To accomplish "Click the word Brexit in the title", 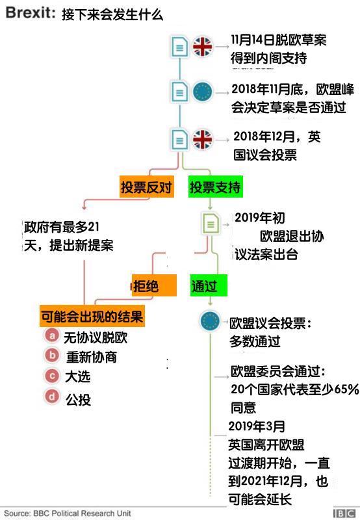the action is click(30, 13).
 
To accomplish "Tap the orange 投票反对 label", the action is click(147, 187).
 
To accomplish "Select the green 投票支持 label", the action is click(216, 187).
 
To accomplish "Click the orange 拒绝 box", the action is click(154, 285).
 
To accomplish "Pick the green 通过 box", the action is click(209, 285).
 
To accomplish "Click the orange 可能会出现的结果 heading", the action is click(92, 317).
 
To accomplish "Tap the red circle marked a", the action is click(52, 335).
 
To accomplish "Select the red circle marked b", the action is click(52, 355).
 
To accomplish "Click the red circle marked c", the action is click(52, 376).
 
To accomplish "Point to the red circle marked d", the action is click(52, 396).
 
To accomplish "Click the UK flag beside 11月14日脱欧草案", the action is click(203, 46).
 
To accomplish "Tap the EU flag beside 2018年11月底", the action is click(203, 92).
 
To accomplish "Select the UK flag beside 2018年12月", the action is click(203, 139).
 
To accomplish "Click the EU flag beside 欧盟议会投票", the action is click(210, 321).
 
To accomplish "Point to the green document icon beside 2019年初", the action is click(211, 224).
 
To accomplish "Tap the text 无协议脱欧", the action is click(96, 337).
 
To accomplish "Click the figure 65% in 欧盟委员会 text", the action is click(346, 389).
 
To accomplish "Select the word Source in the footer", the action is click(18, 513).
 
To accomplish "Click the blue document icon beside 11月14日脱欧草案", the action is click(179, 47).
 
